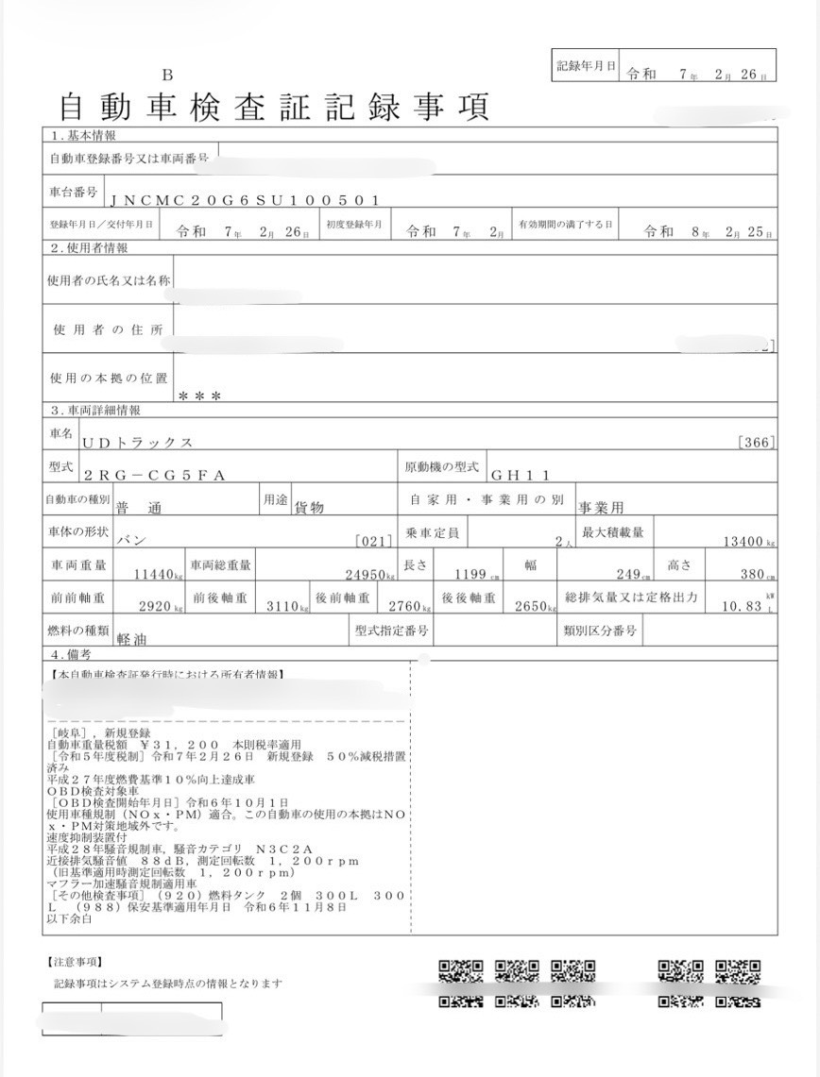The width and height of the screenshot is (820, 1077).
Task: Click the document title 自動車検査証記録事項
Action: click(273, 106)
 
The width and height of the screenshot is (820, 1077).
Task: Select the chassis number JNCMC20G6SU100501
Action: click(245, 200)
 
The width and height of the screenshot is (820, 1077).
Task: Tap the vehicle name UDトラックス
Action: click(138, 442)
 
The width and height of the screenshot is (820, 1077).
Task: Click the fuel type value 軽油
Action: click(131, 638)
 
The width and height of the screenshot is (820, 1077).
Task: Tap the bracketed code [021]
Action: click(373, 542)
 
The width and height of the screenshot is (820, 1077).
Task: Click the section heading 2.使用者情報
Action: click(89, 248)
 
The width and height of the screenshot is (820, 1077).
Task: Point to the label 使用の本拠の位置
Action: click(109, 378)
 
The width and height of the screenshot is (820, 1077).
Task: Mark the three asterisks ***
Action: click(199, 396)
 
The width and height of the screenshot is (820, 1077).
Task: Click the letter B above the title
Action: click(167, 76)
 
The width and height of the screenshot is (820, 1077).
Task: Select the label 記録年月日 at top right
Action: click(586, 66)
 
